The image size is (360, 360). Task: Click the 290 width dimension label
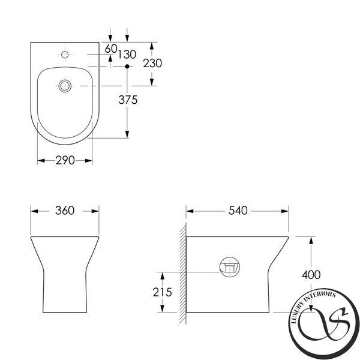[x=65, y=160]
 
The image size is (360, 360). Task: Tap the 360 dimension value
[x=65, y=211]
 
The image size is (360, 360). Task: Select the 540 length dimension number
[x=238, y=211]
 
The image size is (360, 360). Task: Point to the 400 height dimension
[x=311, y=275]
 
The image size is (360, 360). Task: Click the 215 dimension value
[x=163, y=292]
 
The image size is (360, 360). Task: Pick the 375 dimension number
[x=128, y=100]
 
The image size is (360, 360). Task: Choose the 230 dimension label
[x=152, y=63]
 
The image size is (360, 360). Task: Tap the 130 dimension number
[x=127, y=55]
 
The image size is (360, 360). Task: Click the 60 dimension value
[x=111, y=49]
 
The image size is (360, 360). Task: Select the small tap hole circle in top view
[x=65, y=55]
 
